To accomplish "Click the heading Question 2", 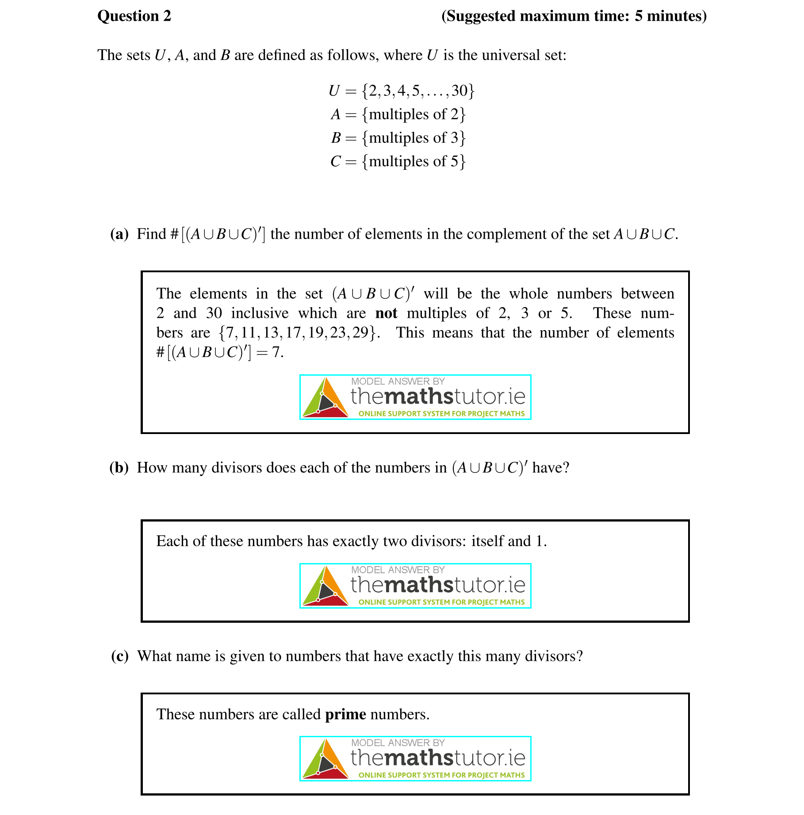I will [134, 16].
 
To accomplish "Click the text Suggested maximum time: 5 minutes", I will [574, 16].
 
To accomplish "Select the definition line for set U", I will [401, 91].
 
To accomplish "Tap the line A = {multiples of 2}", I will [398, 114].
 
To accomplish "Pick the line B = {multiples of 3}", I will [398, 138].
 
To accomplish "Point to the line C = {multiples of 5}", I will [398, 161].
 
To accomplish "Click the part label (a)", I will [119, 234].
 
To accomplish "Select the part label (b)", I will [119, 468].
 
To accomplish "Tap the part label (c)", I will [119, 656].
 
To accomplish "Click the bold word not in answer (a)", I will [386, 313].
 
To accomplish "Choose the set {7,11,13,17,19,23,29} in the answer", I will [299, 333].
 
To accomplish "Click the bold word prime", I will [345, 715].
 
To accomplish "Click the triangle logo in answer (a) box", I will [325, 398].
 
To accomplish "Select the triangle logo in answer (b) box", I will [325, 586].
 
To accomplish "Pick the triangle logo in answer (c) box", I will [325, 759].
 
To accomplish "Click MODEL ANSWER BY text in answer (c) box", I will [398, 743].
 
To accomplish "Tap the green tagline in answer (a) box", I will [441, 414].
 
